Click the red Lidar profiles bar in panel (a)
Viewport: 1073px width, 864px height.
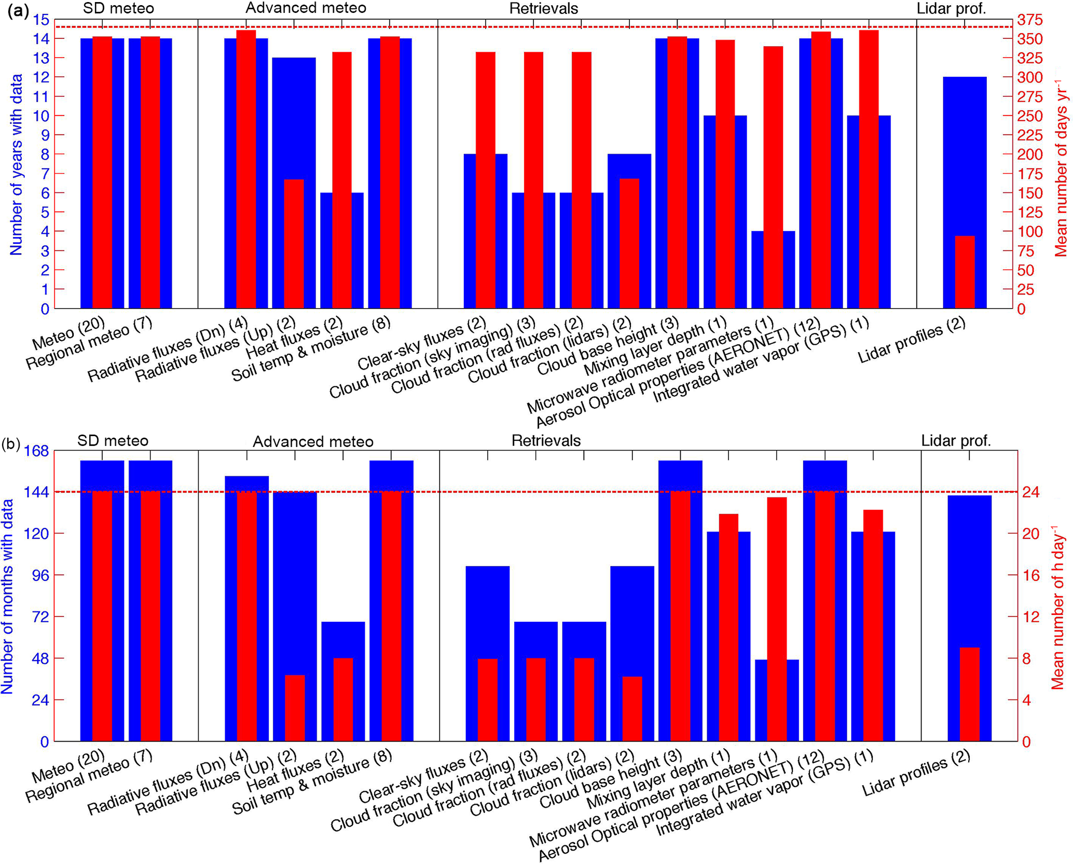(x=965, y=272)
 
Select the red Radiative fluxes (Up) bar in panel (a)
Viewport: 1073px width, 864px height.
(x=294, y=244)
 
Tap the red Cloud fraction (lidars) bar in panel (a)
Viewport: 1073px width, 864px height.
(x=629, y=244)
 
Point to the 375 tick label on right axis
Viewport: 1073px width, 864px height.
(x=1029, y=20)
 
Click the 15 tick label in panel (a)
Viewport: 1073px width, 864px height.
(x=42, y=20)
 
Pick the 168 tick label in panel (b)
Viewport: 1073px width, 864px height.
(x=37, y=451)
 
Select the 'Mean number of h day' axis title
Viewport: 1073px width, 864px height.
(x=1058, y=607)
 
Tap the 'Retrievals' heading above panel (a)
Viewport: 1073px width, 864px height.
(x=543, y=8)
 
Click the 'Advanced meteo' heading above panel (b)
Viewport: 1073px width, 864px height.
(x=313, y=441)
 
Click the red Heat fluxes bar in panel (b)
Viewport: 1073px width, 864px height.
(x=343, y=699)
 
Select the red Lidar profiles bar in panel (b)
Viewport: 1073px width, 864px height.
(x=969, y=694)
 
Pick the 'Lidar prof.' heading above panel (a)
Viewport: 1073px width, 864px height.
(x=951, y=8)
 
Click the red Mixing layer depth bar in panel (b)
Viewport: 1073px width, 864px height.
(x=728, y=627)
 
